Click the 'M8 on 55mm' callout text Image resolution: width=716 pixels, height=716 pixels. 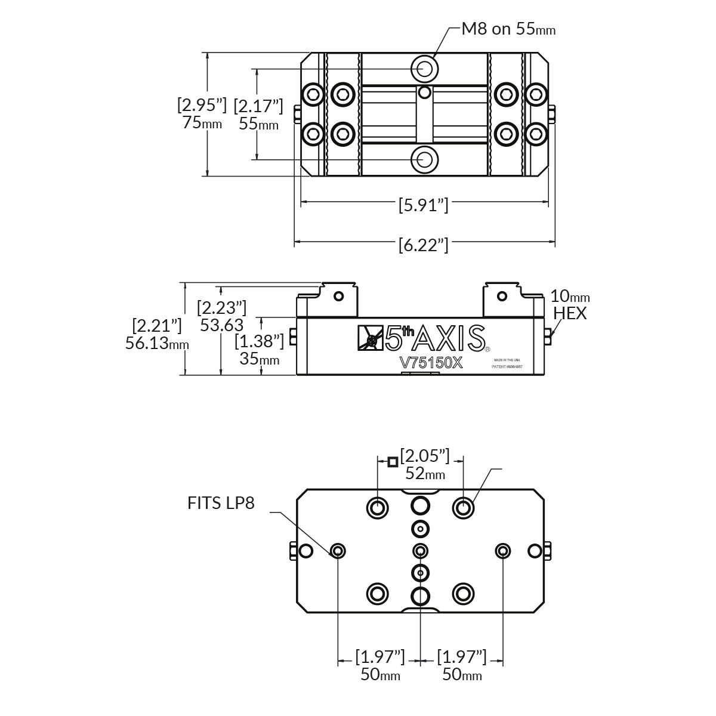(x=508, y=29)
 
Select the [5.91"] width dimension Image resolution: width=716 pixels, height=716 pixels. (x=423, y=205)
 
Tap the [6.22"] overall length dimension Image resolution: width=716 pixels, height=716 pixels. (x=423, y=245)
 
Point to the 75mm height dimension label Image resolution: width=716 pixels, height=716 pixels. (x=202, y=124)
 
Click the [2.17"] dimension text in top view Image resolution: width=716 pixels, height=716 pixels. (x=258, y=106)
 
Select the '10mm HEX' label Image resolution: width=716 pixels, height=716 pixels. (x=570, y=304)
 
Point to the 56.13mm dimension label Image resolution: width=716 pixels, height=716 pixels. (x=157, y=344)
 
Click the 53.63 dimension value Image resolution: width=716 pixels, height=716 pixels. (x=221, y=325)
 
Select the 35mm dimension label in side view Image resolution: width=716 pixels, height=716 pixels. (x=259, y=359)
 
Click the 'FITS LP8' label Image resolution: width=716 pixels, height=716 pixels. (x=221, y=504)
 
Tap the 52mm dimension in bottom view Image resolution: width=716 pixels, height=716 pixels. (x=425, y=474)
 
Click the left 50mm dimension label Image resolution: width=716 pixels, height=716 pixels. (x=380, y=675)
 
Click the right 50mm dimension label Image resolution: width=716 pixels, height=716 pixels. (x=462, y=675)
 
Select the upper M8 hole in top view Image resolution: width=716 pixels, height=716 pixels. (x=425, y=69)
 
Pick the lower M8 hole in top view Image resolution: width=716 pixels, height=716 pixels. (x=425, y=159)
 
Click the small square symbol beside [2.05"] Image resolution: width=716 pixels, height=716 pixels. (x=392, y=462)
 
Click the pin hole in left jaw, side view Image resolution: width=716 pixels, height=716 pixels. (x=339, y=296)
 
